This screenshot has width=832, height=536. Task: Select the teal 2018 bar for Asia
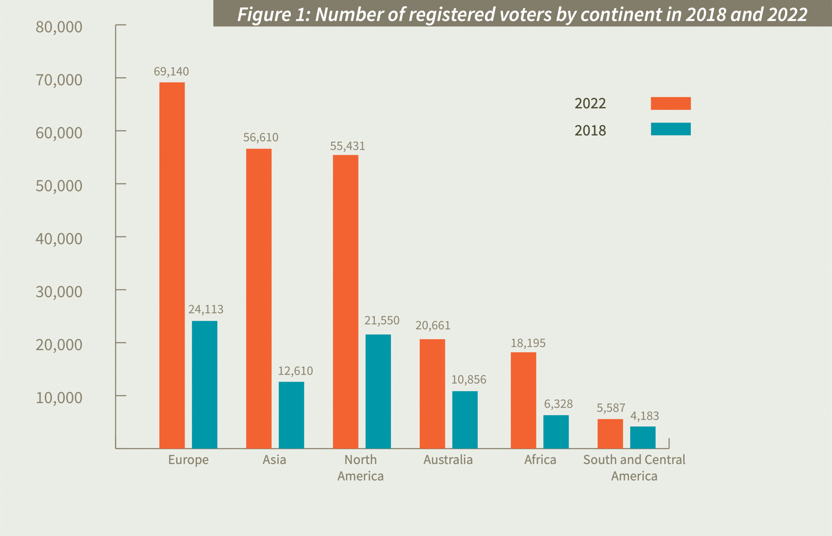click(291, 415)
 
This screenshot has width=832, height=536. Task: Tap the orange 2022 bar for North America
click(345, 301)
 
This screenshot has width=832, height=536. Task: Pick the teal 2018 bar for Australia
click(465, 420)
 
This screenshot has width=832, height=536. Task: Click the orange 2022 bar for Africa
click(523, 400)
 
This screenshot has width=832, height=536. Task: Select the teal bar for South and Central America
click(643, 437)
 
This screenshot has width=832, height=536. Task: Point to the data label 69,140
click(171, 72)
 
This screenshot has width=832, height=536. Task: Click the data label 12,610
click(295, 371)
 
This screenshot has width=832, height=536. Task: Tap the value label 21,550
click(382, 320)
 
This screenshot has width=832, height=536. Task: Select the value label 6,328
click(558, 404)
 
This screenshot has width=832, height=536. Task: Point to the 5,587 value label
click(611, 408)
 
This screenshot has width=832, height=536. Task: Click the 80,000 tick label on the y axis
click(59, 27)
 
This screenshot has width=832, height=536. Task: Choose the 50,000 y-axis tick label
click(59, 186)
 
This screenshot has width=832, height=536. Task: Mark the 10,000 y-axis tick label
click(59, 398)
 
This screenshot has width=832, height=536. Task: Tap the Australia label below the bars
click(448, 460)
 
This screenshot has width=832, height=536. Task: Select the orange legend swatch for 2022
click(671, 103)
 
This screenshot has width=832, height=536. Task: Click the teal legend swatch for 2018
click(671, 129)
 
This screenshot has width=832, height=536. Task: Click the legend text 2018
click(590, 131)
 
